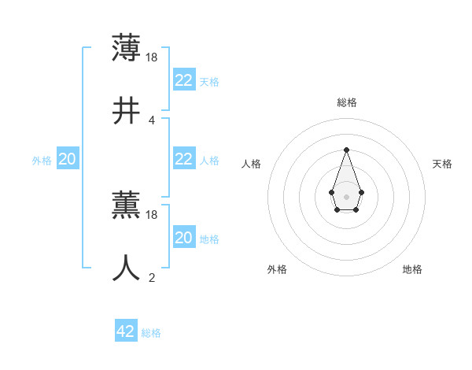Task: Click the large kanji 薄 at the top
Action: coord(126,48)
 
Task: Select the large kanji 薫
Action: coord(126,205)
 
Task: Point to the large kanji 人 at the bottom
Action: coord(126,268)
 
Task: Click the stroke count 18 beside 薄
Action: coord(153,57)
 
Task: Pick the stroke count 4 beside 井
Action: coord(151,120)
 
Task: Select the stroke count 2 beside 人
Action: coord(151,277)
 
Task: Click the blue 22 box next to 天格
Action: coord(183,80)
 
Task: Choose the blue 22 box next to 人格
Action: coord(183,159)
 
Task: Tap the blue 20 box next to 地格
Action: coord(183,238)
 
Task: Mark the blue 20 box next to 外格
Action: coord(67,159)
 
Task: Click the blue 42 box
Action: coord(125,331)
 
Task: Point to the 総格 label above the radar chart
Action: coord(346,102)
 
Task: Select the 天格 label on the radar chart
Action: coord(443,164)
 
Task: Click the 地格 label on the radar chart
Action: coord(412,269)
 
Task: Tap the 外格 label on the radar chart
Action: coord(277,269)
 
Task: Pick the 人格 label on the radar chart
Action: coord(252,164)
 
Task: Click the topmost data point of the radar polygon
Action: coord(346,150)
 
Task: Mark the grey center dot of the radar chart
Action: coord(346,196)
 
